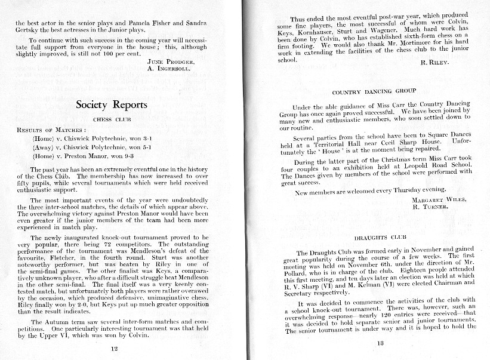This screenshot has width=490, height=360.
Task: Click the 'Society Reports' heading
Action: (x=112, y=105)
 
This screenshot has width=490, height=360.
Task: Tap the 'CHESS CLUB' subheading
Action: (x=112, y=119)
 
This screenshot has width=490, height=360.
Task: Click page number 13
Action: (x=380, y=342)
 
